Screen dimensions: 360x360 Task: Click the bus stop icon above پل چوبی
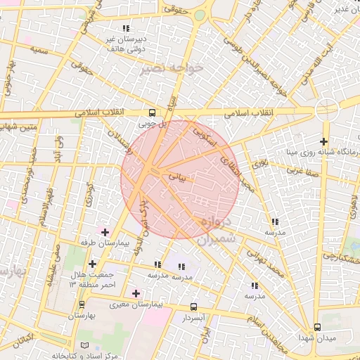(x=153, y=112)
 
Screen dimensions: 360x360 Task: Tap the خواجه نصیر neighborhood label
(x=172, y=67)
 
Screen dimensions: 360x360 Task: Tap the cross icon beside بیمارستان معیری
(x=136, y=292)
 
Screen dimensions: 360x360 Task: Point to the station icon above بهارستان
(x=82, y=304)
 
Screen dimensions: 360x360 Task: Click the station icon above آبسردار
(x=194, y=307)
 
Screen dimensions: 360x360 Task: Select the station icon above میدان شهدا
(x=317, y=327)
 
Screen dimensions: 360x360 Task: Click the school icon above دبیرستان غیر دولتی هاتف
(x=126, y=28)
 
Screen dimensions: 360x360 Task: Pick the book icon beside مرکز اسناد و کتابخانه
(x=85, y=346)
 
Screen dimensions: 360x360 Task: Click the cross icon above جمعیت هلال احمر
(x=92, y=264)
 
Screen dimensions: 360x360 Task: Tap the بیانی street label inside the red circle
(x=176, y=179)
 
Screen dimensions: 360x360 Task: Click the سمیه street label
(x=39, y=52)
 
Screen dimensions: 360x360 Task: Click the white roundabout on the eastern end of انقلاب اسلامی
(x=326, y=110)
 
